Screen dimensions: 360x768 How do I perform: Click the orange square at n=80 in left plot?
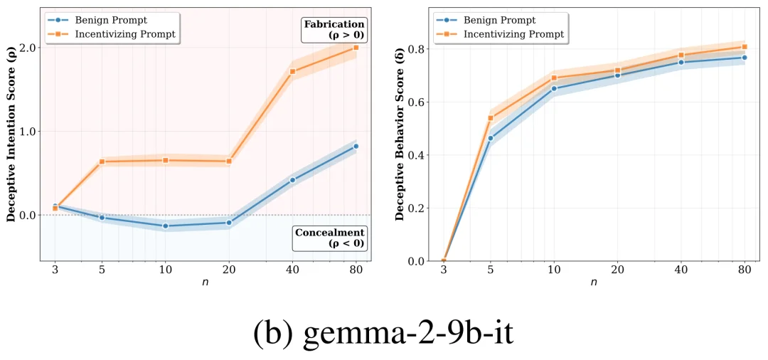356,48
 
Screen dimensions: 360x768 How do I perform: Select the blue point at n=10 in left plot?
166,226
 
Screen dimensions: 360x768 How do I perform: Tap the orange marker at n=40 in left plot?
292,71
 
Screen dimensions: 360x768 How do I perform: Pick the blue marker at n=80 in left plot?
356,146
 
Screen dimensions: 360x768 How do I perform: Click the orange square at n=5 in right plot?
491,118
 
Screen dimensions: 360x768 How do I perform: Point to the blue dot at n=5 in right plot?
491,138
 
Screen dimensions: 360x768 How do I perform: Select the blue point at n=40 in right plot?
681,63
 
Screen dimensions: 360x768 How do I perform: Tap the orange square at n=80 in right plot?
745,47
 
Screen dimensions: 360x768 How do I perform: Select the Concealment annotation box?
329,238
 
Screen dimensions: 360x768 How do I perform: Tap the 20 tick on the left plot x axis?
229,270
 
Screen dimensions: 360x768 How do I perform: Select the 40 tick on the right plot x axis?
681,270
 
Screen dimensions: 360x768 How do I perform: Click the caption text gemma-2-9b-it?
383,332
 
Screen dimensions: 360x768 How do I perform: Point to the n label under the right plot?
594,283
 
